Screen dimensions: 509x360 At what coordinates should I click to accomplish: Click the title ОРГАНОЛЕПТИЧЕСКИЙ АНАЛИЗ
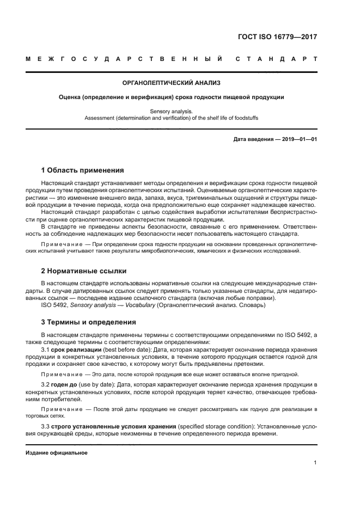coord(172,84)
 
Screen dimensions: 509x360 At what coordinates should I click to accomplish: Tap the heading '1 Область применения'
coord(79,170)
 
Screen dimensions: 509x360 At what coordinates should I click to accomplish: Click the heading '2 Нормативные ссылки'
coord(84,271)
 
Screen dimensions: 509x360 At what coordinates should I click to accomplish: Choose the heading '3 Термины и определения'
coord(89,322)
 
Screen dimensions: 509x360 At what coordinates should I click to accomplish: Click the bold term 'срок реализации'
coord(76,349)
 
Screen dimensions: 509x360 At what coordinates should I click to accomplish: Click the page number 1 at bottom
coord(315,463)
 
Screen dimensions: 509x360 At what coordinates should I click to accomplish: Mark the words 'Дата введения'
coord(253,139)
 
